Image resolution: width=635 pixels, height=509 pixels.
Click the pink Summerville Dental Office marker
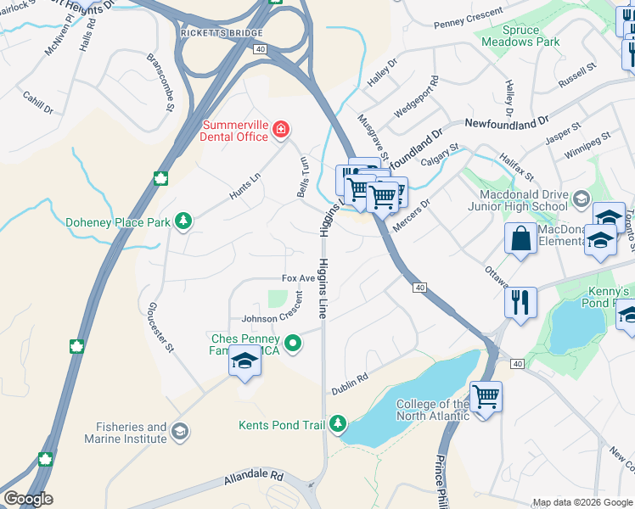click(281, 130)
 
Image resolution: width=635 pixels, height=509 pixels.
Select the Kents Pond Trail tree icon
click(339, 422)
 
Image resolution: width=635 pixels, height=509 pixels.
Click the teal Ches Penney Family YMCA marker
click(294, 344)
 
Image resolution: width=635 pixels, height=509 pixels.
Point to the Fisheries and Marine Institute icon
click(179, 433)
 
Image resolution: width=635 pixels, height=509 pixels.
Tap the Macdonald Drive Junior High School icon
click(581, 199)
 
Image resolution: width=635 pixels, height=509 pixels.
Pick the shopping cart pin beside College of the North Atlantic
click(485, 396)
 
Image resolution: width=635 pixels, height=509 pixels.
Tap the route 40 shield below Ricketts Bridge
click(259, 50)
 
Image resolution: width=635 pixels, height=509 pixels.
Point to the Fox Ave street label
click(298, 279)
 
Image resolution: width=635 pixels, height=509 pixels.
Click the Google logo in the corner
click(27, 498)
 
